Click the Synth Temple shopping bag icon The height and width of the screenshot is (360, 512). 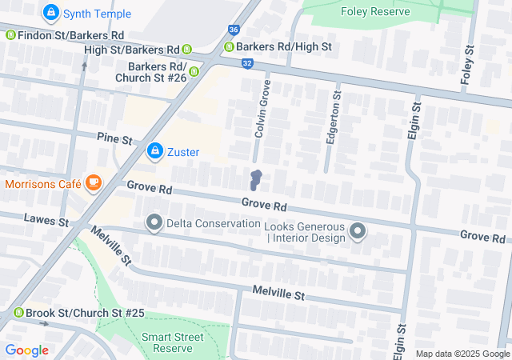coord(52,13)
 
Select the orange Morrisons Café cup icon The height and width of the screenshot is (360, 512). coord(94,183)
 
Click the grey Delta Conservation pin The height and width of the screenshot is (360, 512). coord(154,223)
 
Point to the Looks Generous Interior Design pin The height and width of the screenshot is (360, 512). coord(358,232)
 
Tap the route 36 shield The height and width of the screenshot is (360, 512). coord(233,30)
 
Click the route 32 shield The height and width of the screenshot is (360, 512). coord(247,62)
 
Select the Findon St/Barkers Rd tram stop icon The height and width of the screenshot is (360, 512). coord(10,35)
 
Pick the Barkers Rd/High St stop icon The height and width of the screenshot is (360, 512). coord(229,47)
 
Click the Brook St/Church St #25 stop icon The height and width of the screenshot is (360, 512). coord(18,313)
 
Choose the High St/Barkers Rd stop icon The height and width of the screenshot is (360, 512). coord(187,50)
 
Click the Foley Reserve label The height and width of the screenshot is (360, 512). coord(374,11)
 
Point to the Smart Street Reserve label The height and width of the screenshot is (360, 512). coord(167,342)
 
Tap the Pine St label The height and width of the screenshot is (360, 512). coord(114,139)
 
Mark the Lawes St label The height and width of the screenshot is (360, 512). coord(46,218)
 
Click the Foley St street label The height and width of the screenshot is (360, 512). coord(466,65)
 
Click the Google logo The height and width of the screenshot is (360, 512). coord(26,350)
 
